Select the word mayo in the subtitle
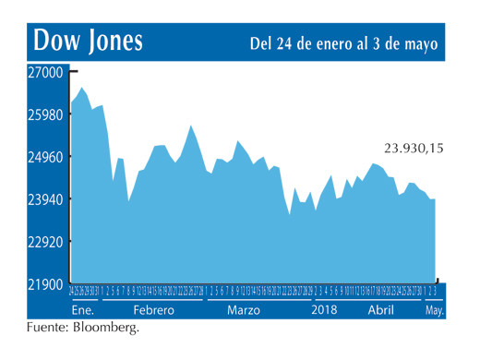[420, 43]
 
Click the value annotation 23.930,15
[414, 146]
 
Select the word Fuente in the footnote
[49, 329]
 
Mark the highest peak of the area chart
[82, 88]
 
